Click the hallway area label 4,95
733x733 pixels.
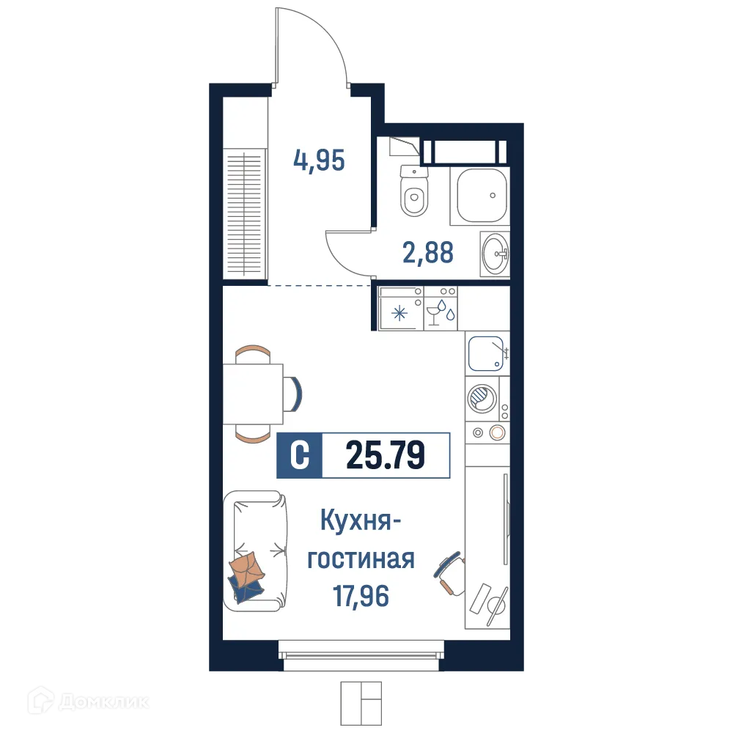pos(319,159)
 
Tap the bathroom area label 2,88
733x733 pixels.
pos(427,252)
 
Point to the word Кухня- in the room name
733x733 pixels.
pos(360,523)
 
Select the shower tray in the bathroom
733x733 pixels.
pos(482,195)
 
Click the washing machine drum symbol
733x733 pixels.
pos(482,399)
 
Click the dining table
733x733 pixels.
pos(253,394)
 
